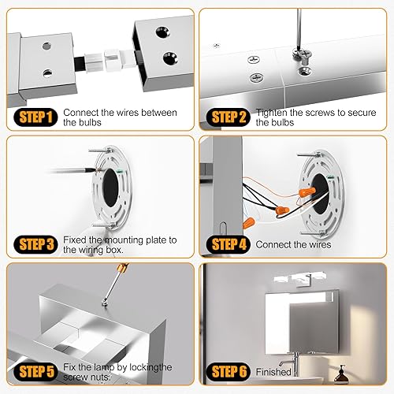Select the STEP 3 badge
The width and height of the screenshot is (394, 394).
(x=32, y=244)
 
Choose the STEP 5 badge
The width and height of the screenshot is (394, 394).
(x=32, y=372)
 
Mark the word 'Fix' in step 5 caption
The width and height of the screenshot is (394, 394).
(x=70, y=366)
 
